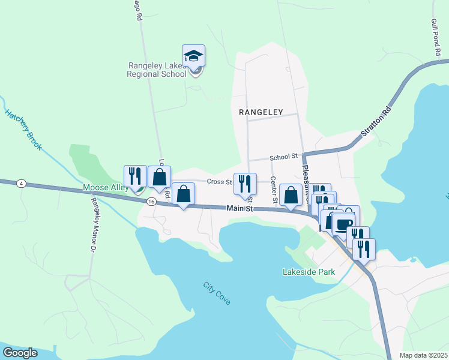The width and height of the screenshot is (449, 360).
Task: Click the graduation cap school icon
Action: (x=193, y=56)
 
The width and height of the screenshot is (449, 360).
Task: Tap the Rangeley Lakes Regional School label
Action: (x=157, y=70)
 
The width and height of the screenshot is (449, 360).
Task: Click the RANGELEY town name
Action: (x=261, y=112)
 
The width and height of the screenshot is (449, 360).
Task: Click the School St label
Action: (x=283, y=157)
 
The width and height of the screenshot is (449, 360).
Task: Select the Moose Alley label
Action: (x=105, y=188)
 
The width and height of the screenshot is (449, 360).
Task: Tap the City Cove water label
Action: (x=216, y=293)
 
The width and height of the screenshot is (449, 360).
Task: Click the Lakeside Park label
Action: (x=309, y=272)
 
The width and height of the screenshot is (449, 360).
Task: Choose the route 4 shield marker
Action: (x=22, y=184)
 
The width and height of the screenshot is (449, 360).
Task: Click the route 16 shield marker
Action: (x=151, y=202)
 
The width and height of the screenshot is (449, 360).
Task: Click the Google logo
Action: (x=20, y=353)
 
